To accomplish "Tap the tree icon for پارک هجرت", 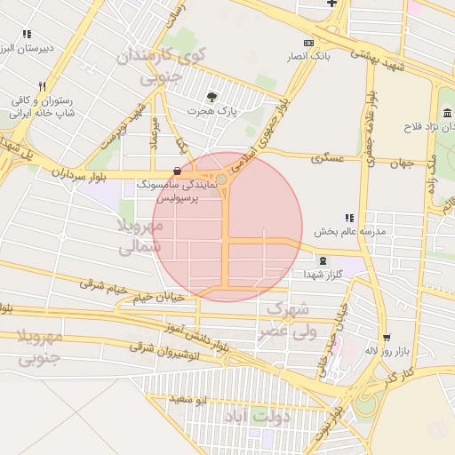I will click(x=210, y=97).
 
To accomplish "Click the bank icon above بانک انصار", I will click(x=308, y=43).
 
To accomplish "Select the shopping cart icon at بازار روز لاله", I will click(x=386, y=337).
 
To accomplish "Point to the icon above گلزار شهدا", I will click(x=322, y=260).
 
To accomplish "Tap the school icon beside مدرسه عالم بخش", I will click(x=349, y=218).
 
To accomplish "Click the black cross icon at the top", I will click(x=332, y=3).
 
